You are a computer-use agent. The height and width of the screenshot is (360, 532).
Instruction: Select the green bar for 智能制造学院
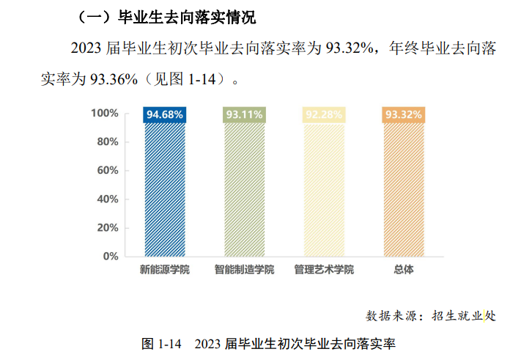pyautogui.click(x=244, y=189)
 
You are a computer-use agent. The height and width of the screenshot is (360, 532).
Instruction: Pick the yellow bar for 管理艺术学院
pyautogui.click(x=324, y=189)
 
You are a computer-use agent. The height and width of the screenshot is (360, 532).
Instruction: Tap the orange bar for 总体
pyautogui.click(x=403, y=189)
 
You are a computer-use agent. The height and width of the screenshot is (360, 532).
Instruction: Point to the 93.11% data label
pyautogui.click(x=244, y=114)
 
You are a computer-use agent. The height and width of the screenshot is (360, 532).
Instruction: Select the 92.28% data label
pyautogui.click(x=324, y=114)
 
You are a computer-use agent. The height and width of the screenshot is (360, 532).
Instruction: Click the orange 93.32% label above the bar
pyautogui.click(x=403, y=114)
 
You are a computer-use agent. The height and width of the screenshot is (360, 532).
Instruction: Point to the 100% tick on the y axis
pyautogui.click(x=105, y=114)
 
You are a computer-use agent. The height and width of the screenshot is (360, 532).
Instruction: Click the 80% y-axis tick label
pyautogui.click(x=108, y=142)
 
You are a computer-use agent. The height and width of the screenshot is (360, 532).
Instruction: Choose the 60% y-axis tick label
pyautogui.click(x=108, y=171)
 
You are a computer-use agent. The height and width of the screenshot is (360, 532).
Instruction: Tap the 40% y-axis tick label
pyautogui.click(x=108, y=199)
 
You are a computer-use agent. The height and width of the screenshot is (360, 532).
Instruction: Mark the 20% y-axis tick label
pyautogui.click(x=108, y=228)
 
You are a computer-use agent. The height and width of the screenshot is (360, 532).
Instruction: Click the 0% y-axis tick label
pyautogui.click(x=111, y=257)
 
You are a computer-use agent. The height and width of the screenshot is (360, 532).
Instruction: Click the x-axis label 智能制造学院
pyautogui.click(x=244, y=270)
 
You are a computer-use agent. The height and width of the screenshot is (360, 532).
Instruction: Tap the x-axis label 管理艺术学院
pyautogui.click(x=324, y=270)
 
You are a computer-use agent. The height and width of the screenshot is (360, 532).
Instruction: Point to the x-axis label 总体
pyautogui.click(x=403, y=270)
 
